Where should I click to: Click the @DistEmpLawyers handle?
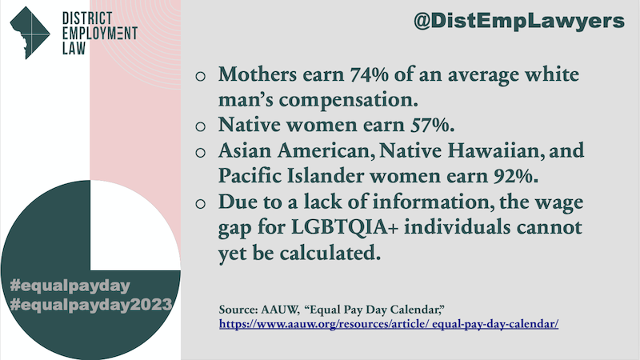tap(518, 22)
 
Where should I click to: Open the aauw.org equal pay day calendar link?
tap(389, 325)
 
